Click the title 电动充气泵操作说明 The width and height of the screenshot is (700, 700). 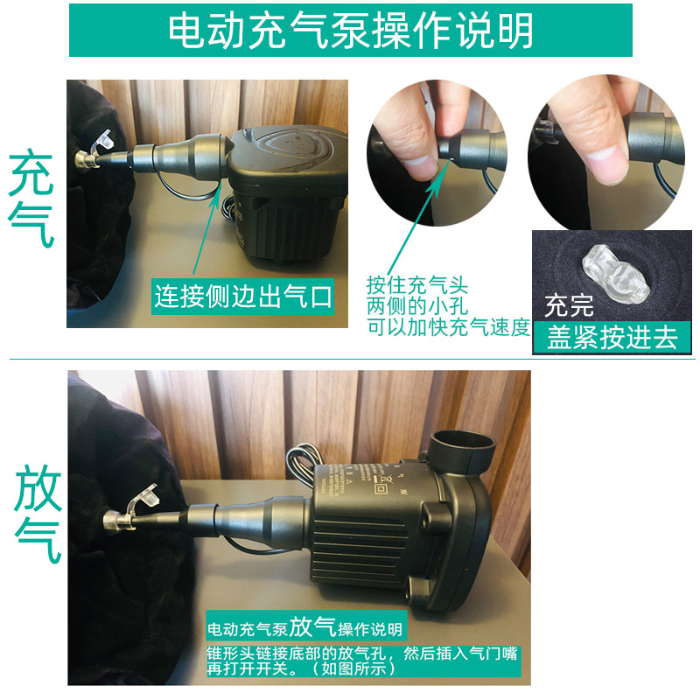coord(351,31)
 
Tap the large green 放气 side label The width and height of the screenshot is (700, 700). coord(38,514)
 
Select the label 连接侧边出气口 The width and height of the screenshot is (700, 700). coord(243,297)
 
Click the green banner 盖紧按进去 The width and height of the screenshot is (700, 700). coord(612,337)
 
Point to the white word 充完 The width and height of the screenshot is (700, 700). coord(569,305)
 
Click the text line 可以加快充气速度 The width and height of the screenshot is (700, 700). coord(448,327)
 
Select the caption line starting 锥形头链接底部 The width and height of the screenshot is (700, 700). coord(362,654)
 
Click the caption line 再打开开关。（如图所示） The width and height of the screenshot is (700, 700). coord(301,668)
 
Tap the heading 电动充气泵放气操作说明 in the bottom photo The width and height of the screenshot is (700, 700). coord(304,627)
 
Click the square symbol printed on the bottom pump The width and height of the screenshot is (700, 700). coord(380,488)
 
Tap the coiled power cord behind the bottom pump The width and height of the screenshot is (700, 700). coord(304,465)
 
